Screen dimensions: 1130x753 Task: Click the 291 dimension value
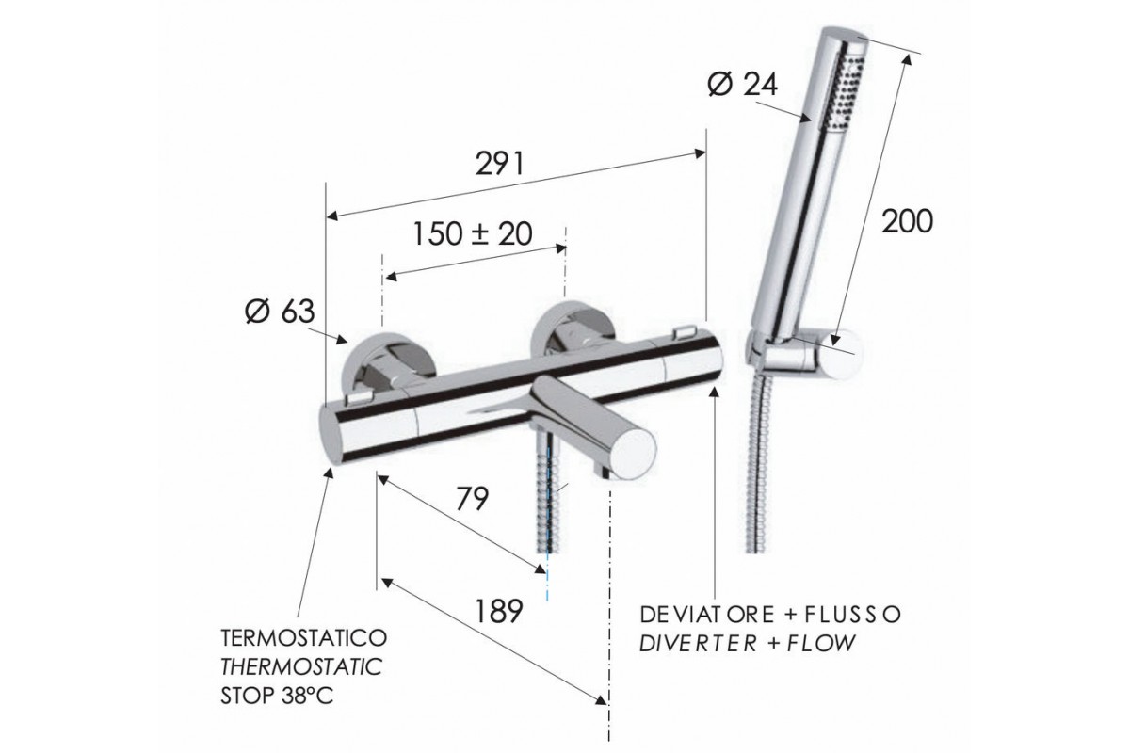point(500,164)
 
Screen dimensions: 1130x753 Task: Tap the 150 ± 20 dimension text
point(473,234)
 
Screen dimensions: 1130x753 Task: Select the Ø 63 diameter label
point(280,311)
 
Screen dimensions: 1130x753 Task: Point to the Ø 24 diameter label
point(743,84)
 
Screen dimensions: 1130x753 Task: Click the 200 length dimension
point(908,221)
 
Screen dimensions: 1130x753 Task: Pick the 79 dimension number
point(473,499)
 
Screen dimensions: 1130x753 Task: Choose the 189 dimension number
point(498,611)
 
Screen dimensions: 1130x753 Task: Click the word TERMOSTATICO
point(304,638)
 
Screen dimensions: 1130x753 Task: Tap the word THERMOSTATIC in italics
point(301,666)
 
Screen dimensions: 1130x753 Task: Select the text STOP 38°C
point(277,696)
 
